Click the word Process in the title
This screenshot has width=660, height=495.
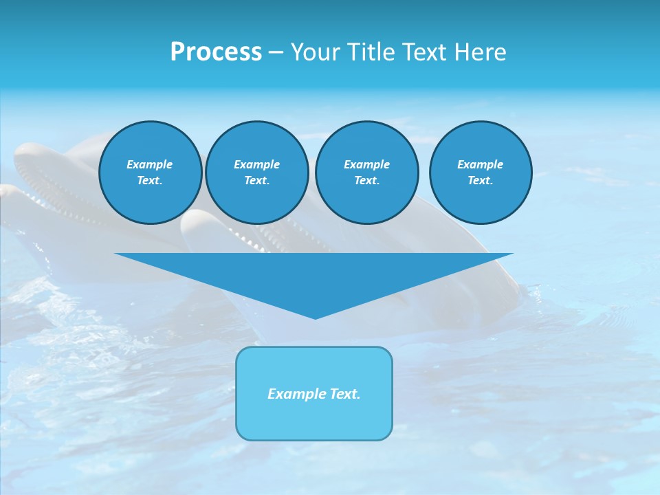click(x=216, y=52)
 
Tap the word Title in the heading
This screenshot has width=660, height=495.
click(x=369, y=52)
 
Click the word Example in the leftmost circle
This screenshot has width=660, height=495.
click(x=150, y=164)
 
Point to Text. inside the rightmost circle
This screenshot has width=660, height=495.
click(x=481, y=180)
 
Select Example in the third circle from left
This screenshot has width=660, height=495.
click(x=367, y=164)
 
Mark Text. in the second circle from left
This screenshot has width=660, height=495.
click(x=257, y=180)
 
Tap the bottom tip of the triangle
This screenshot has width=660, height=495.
click(x=315, y=317)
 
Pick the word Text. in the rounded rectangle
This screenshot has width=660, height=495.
click(x=345, y=394)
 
